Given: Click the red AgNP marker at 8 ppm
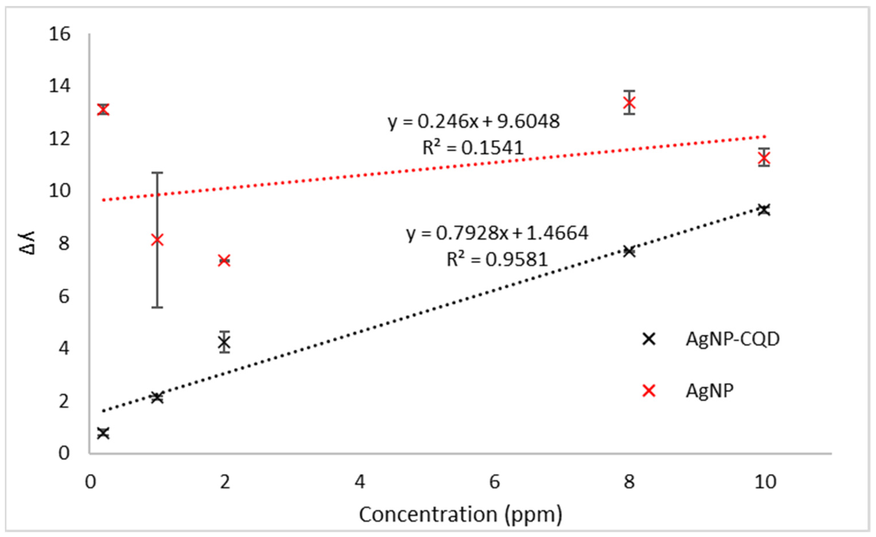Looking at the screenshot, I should coord(629,103).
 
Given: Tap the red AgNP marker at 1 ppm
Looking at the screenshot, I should coord(157,240).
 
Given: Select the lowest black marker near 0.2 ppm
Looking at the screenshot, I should coord(103,433).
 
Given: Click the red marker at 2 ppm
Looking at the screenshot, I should coord(224,261).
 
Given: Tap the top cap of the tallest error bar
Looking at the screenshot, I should coord(157,173).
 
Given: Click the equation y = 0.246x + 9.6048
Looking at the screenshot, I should coord(473,122).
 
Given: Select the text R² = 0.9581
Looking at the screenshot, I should coord(497,259).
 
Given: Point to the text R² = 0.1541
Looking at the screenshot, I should coord(473,148).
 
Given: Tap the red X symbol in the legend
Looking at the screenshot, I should coord(649,391).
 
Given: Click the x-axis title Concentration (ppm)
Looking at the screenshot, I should coord(460,515).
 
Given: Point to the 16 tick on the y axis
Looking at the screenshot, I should coord(60,34).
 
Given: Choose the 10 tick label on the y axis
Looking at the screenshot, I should coord(60,191).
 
